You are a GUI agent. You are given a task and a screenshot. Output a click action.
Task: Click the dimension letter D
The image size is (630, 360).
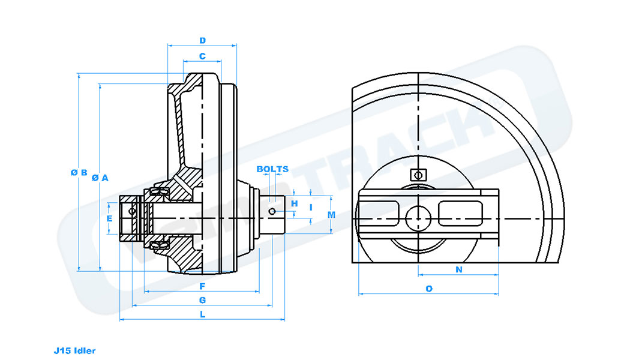(x=203, y=41)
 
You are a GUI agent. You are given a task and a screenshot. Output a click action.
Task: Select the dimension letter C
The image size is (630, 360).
(x=203, y=56)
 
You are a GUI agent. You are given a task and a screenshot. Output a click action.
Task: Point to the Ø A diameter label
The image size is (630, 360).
(x=100, y=178)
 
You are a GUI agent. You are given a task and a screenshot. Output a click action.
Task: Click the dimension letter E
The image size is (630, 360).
(x=109, y=219)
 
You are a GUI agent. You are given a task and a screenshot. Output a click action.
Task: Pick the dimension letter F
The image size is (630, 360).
(x=203, y=286)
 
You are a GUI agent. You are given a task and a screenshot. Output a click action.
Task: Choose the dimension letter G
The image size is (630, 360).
(x=203, y=299)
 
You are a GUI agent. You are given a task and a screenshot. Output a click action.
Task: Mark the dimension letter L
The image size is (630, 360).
(x=203, y=314)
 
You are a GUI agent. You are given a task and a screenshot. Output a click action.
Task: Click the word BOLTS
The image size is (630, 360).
(x=272, y=169)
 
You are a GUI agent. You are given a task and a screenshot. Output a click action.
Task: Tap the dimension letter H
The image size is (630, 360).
(x=294, y=204)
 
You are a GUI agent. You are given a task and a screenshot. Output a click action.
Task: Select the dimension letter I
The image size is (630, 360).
(x=311, y=207)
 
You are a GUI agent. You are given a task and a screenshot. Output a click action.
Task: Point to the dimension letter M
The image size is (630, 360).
(x=331, y=214)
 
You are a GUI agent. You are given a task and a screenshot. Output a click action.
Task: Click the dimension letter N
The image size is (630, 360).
(x=459, y=270)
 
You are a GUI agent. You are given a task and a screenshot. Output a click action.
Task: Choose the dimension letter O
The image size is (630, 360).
(x=429, y=289)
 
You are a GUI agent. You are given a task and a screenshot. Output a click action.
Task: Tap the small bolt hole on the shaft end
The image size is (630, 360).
(x=273, y=211)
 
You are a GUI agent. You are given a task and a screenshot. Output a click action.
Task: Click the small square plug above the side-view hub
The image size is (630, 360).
(x=418, y=175)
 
